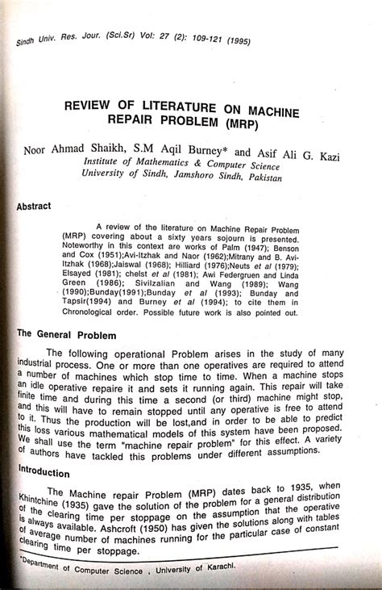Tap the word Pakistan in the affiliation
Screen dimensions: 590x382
tap(262, 178)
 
